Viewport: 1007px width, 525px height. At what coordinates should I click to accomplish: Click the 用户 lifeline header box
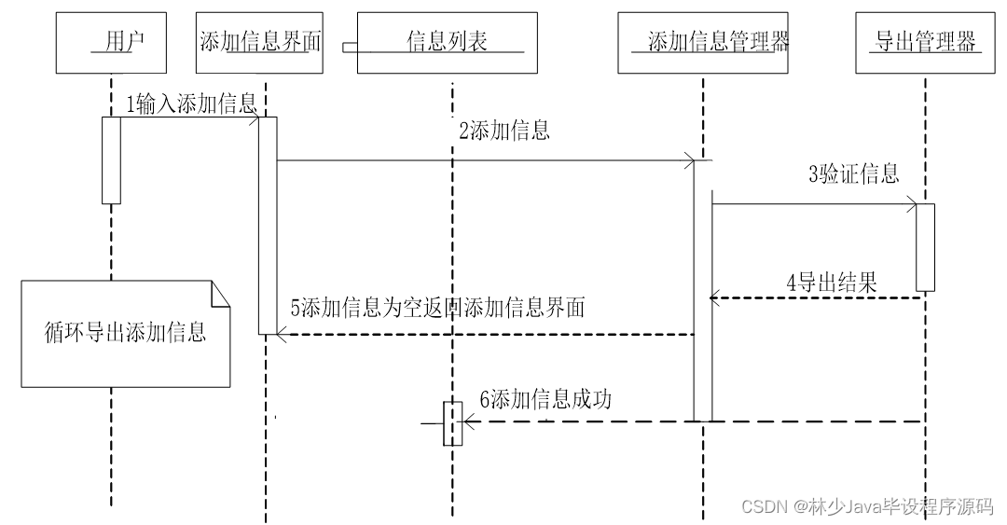pyautogui.click(x=112, y=43)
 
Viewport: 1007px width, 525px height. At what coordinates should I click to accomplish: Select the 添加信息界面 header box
pyautogui.click(x=260, y=43)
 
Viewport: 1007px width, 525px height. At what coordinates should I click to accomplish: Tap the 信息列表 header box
pyautogui.click(x=448, y=43)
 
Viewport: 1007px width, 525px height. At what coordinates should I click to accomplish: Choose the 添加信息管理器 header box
pyautogui.click(x=702, y=43)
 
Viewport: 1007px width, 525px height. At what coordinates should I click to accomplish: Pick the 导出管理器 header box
pyautogui.click(x=925, y=43)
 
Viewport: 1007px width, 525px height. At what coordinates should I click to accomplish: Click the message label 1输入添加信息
pyautogui.click(x=192, y=104)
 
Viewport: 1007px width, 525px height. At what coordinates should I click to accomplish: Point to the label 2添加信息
pyautogui.click(x=504, y=131)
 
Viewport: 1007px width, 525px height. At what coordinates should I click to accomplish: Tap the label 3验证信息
pyautogui.click(x=853, y=173)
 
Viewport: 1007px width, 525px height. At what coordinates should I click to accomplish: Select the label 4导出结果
pyautogui.click(x=832, y=283)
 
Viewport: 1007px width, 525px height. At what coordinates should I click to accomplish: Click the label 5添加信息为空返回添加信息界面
pyautogui.click(x=437, y=309)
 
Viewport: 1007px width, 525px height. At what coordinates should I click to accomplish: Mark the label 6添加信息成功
pyautogui.click(x=545, y=400)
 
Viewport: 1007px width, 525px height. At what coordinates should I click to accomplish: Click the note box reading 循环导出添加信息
pyautogui.click(x=126, y=333)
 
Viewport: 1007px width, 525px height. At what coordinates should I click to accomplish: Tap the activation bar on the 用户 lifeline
pyautogui.click(x=111, y=159)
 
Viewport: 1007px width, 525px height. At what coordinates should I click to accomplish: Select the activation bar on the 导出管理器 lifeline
pyautogui.click(x=925, y=247)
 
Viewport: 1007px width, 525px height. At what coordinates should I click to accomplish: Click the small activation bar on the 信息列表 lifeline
pyautogui.click(x=452, y=423)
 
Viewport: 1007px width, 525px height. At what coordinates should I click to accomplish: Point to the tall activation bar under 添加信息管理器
pyautogui.click(x=702, y=290)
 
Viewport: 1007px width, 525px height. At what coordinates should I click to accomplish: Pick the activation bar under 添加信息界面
pyautogui.click(x=268, y=225)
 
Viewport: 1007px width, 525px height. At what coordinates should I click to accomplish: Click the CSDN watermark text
pyautogui.click(x=866, y=506)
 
